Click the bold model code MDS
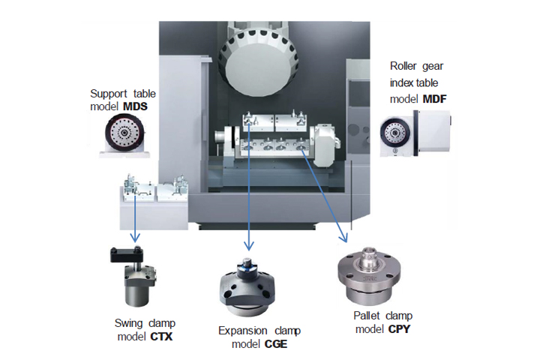click(x=135, y=106)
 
